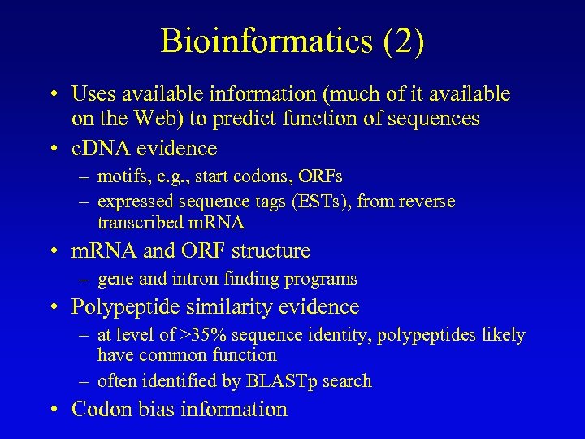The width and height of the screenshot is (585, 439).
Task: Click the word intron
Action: point(196,279)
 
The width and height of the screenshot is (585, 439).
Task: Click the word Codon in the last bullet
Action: point(100,409)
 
